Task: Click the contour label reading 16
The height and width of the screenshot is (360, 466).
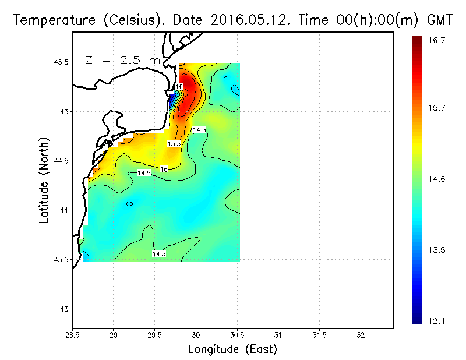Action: point(179,87)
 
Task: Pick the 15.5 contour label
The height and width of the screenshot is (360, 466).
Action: point(174,143)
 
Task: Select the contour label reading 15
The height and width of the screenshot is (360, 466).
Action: point(164,169)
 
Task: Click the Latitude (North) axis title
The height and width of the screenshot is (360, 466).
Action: point(44,181)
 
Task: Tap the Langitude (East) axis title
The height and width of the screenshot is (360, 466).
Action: point(232,350)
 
